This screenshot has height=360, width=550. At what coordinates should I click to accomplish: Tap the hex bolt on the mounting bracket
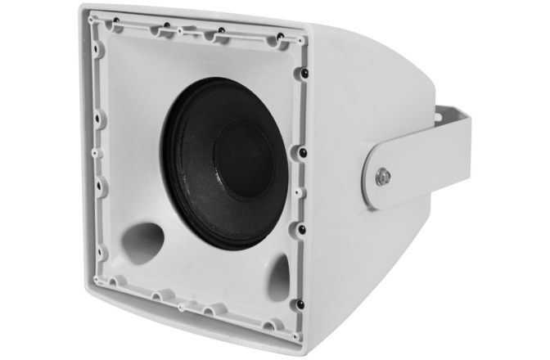382,176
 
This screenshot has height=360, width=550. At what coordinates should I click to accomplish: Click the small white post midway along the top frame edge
182,30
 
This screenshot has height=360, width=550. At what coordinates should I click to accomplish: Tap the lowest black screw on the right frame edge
300,304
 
